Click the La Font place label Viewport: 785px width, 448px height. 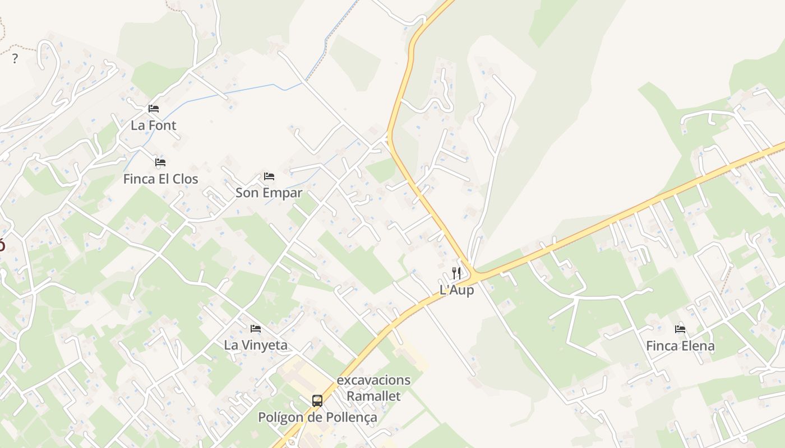point(153,125)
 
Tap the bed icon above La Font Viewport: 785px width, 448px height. point(153,108)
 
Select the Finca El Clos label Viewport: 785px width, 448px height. point(160,179)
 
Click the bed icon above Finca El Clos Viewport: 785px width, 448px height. point(160,162)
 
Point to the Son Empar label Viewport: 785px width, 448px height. point(269,193)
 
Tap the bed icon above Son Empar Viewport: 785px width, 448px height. point(269,176)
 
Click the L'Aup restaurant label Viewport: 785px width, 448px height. point(456,290)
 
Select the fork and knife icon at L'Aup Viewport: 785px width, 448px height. point(456,273)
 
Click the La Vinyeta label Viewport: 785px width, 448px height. point(256,345)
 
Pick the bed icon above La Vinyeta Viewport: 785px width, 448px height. point(256,328)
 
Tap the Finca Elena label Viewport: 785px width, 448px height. point(680,346)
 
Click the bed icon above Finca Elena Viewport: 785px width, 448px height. point(680,329)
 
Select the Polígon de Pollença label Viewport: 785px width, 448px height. point(317,418)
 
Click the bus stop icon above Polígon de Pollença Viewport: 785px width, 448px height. point(317,401)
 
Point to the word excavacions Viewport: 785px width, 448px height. point(373,380)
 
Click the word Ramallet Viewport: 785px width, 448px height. point(373,396)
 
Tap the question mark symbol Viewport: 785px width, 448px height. point(15,59)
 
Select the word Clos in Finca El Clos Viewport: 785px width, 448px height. point(186,179)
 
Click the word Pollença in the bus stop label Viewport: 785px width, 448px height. point(352,418)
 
